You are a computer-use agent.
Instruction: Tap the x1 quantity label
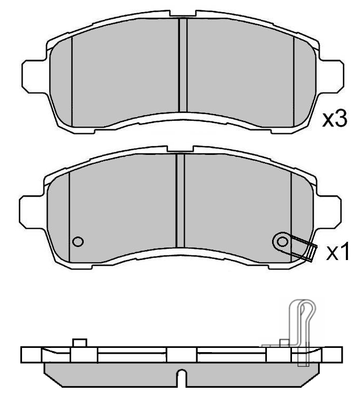click(337, 253)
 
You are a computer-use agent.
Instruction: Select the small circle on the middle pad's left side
click(78, 241)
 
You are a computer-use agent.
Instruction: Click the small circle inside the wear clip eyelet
click(283, 241)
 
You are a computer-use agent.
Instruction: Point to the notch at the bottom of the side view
click(181, 378)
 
